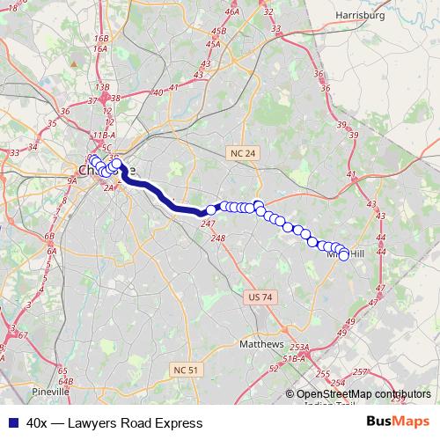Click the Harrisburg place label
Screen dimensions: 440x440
[362, 15]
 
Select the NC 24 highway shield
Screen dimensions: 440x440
[242, 153]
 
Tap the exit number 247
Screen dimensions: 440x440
[208, 225]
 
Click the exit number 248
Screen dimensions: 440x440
[218, 238]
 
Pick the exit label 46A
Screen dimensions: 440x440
[231, 11]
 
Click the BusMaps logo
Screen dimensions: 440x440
[398, 422]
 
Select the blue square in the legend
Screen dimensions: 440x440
[13, 422]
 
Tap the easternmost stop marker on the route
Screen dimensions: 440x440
[344, 256]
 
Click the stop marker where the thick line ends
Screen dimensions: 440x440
[211, 210]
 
